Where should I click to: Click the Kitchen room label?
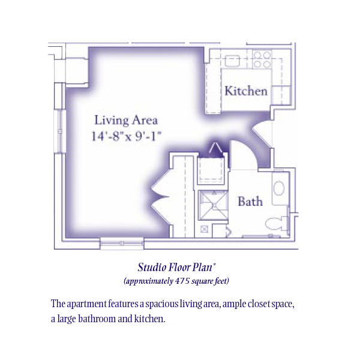(246, 91)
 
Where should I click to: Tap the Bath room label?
(250, 202)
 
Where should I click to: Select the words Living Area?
(126, 121)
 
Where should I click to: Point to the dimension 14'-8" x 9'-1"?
(126, 136)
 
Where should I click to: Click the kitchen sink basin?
(232, 61)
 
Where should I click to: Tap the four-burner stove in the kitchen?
(262, 59)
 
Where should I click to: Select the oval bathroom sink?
(279, 188)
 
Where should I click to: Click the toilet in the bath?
(276, 223)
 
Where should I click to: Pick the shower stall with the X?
(213, 205)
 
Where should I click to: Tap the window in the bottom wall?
(122, 244)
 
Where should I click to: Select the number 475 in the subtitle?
(182, 281)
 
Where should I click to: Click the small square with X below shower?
(205, 229)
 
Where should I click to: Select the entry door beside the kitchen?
(262, 134)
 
